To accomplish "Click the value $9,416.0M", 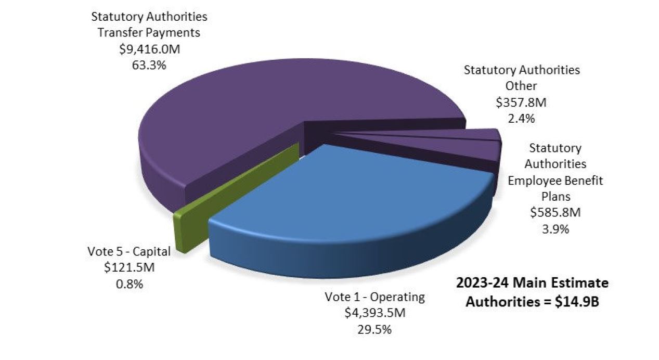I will [x=149, y=49].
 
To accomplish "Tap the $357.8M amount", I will [x=521, y=102].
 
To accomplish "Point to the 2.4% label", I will [x=521, y=118].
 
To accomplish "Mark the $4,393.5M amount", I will [x=374, y=313].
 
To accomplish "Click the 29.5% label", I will [x=374, y=329].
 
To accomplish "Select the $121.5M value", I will [x=128, y=267].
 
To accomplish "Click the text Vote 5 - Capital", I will [x=128, y=251].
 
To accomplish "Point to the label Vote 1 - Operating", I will [x=374, y=297].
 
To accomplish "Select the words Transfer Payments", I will [x=149, y=32].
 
